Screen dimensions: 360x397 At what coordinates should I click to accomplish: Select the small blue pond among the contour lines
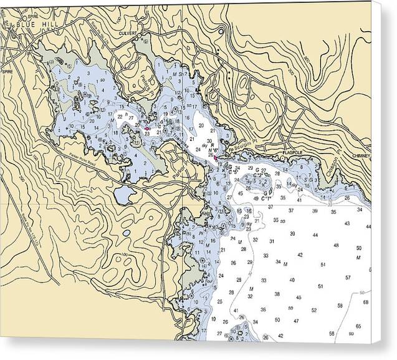[x=127, y=233]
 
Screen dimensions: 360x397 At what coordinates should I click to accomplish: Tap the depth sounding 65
[x=358, y=326]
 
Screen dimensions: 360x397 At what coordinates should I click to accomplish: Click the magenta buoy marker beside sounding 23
[x=146, y=129]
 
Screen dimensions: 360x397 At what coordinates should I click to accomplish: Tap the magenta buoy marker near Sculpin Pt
[x=216, y=158]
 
